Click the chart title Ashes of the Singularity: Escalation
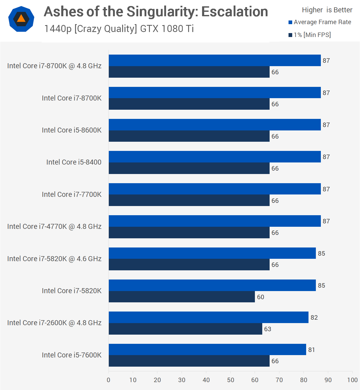[x=156, y=12]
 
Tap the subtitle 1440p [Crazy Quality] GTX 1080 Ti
[x=119, y=29]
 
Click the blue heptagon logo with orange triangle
[x=21, y=19]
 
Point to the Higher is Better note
[x=327, y=10]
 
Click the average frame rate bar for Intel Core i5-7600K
[x=207, y=349]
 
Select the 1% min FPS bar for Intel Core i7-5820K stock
[x=182, y=297]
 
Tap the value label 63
[x=268, y=329]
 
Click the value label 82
[x=314, y=318]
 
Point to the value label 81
[x=311, y=350]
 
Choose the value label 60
[x=260, y=297]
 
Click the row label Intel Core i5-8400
[x=74, y=162]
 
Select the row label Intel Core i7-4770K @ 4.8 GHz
[x=54, y=226]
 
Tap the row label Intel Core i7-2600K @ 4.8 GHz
[x=54, y=323]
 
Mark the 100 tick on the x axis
[x=352, y=380]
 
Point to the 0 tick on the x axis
[x=109, y=380]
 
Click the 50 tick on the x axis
[x=230, y=380]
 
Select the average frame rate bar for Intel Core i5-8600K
[x=215, y=125]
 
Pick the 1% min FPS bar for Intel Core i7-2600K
[x=185, y=329]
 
